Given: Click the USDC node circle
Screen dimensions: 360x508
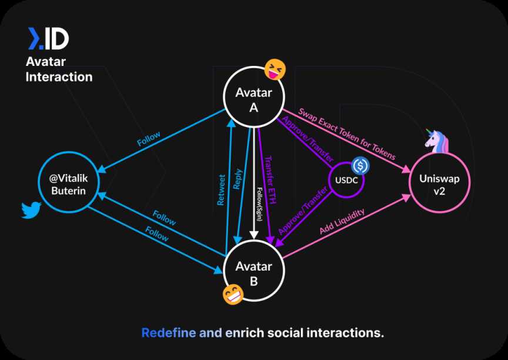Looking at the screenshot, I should [346, 179].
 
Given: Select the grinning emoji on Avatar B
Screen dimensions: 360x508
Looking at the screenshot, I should [233, 294].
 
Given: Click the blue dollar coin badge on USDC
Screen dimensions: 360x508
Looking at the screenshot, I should [360, 166].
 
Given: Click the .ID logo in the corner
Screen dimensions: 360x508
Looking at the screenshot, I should [48, 39].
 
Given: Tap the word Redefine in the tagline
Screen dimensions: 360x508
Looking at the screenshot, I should [168, 333].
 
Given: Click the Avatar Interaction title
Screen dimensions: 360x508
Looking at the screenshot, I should [59, 69].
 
